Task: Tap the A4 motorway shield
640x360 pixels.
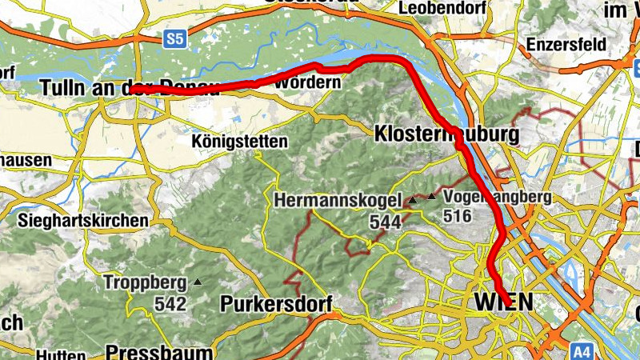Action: point(582,350)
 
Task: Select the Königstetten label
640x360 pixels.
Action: point(239,142)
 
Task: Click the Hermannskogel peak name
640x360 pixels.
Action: point(339,201)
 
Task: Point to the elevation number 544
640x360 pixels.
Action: point(385,222)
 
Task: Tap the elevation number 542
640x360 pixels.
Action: point(171,304)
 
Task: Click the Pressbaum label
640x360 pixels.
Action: point(159,352)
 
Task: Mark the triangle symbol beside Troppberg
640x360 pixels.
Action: point(198,282)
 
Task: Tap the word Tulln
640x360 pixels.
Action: point(64,88)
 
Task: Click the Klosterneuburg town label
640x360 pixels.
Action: point(446,134)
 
